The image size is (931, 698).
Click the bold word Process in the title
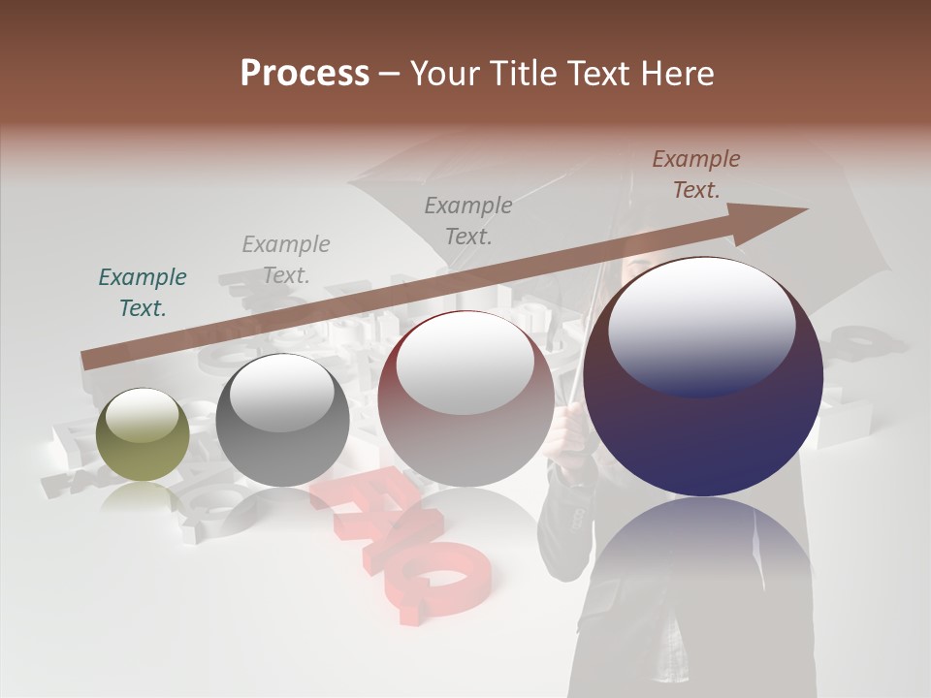click(305, 74)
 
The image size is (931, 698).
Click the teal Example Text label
click(143, 293)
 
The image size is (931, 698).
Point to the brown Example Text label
click(695, 174)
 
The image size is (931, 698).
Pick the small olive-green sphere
click(144, 434)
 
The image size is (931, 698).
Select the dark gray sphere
click(282, 421)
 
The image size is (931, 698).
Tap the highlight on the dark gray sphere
click(281, 392)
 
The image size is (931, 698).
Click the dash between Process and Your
click(390, 74)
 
